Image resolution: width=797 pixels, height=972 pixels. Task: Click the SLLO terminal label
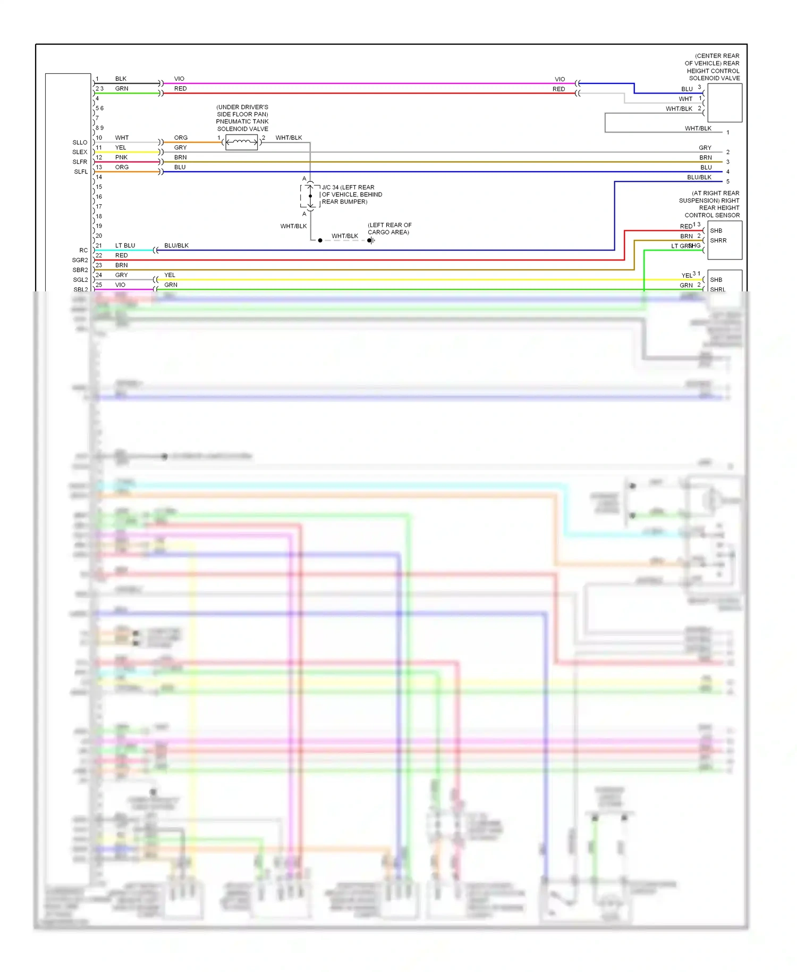pyautogui.click(x=80, y=143)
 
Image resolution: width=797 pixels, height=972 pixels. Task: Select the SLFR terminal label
pyautogui.click(x=80, y=162)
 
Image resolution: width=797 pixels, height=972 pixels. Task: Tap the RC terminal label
pyautogui.click(x=83, y=250)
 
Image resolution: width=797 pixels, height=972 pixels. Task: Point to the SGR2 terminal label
pyautogui.click(x=80, y=261)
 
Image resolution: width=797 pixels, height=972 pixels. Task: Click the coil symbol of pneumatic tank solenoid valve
pyautogui.click(x=242, y=142)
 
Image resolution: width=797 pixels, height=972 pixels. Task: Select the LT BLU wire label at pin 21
pyautogui.click(x=125, y=246)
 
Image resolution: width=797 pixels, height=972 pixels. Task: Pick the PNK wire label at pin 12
pyautogui.click(x=121, y=157)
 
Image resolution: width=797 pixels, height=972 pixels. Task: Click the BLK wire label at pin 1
pyautogui.click(x=121, y=79)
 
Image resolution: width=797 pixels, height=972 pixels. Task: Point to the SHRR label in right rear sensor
pyautogui.click(x=718, y=241)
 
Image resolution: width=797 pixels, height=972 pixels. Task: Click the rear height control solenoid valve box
pyautogui.click(x=725, y=103)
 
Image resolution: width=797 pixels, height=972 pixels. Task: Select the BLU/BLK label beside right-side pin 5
pyautogui.click(x=699, y=178)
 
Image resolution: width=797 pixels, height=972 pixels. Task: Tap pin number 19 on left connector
pyautogui.click(x=99, y=226)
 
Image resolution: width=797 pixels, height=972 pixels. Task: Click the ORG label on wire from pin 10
pyautogui.click(x=181, y=138)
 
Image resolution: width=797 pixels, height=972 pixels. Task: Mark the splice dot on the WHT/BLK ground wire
pyautogui.click(x=320, y=240)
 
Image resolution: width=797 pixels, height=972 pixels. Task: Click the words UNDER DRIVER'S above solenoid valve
pyautogui.click(x=242, y=107)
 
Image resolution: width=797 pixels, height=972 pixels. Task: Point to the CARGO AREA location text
pyautogui.click(x=388, y=232)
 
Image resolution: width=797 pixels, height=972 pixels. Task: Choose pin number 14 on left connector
pyautogui.click(x=99, y=177)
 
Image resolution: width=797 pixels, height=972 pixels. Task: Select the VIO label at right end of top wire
pyautogui.click(x=559, y=79)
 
